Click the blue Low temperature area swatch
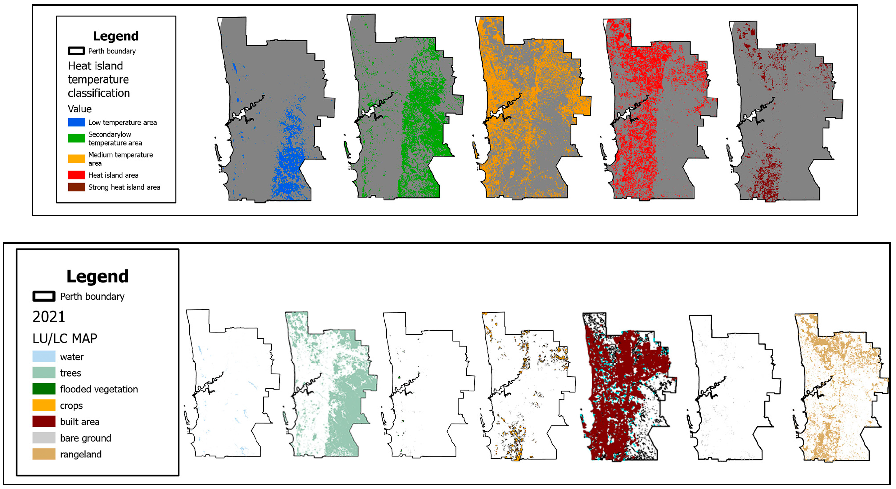pyautogui.click(x=76, y=122)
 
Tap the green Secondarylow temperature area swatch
pyautogui.click(x=76, y=138)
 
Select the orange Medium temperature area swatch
pyautogui.click(x=76, y=159)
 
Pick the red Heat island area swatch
pyautogui.click(x=76, y=175)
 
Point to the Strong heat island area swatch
pyautogui.click(x=76, y=187)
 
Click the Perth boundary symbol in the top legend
pyautogui.click(x=76, y=51)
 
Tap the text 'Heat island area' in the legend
pyautogui.click(x=113, y=175)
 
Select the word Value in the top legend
pyautogui.click(x=80, y=109)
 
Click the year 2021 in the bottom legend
pyautogui.click(x=49, y=317)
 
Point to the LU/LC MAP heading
pyautogui.click(x=65, y=338)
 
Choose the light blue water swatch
pyautogui.click(x=44, y=357)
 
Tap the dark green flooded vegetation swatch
pyautogui.click(x=44, y=389)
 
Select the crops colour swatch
pyautogui.click(x=44, y=405)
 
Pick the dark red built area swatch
pyautogui.click(x=44, y=422)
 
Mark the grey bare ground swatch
pyautogui.click(x=44, y=438)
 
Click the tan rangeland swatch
pyautogui.click(x=44, y=454)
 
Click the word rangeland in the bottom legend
pyautogui.click(x=81, y=454)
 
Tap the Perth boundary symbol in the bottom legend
pyautogui.click(x=44, y=296)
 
